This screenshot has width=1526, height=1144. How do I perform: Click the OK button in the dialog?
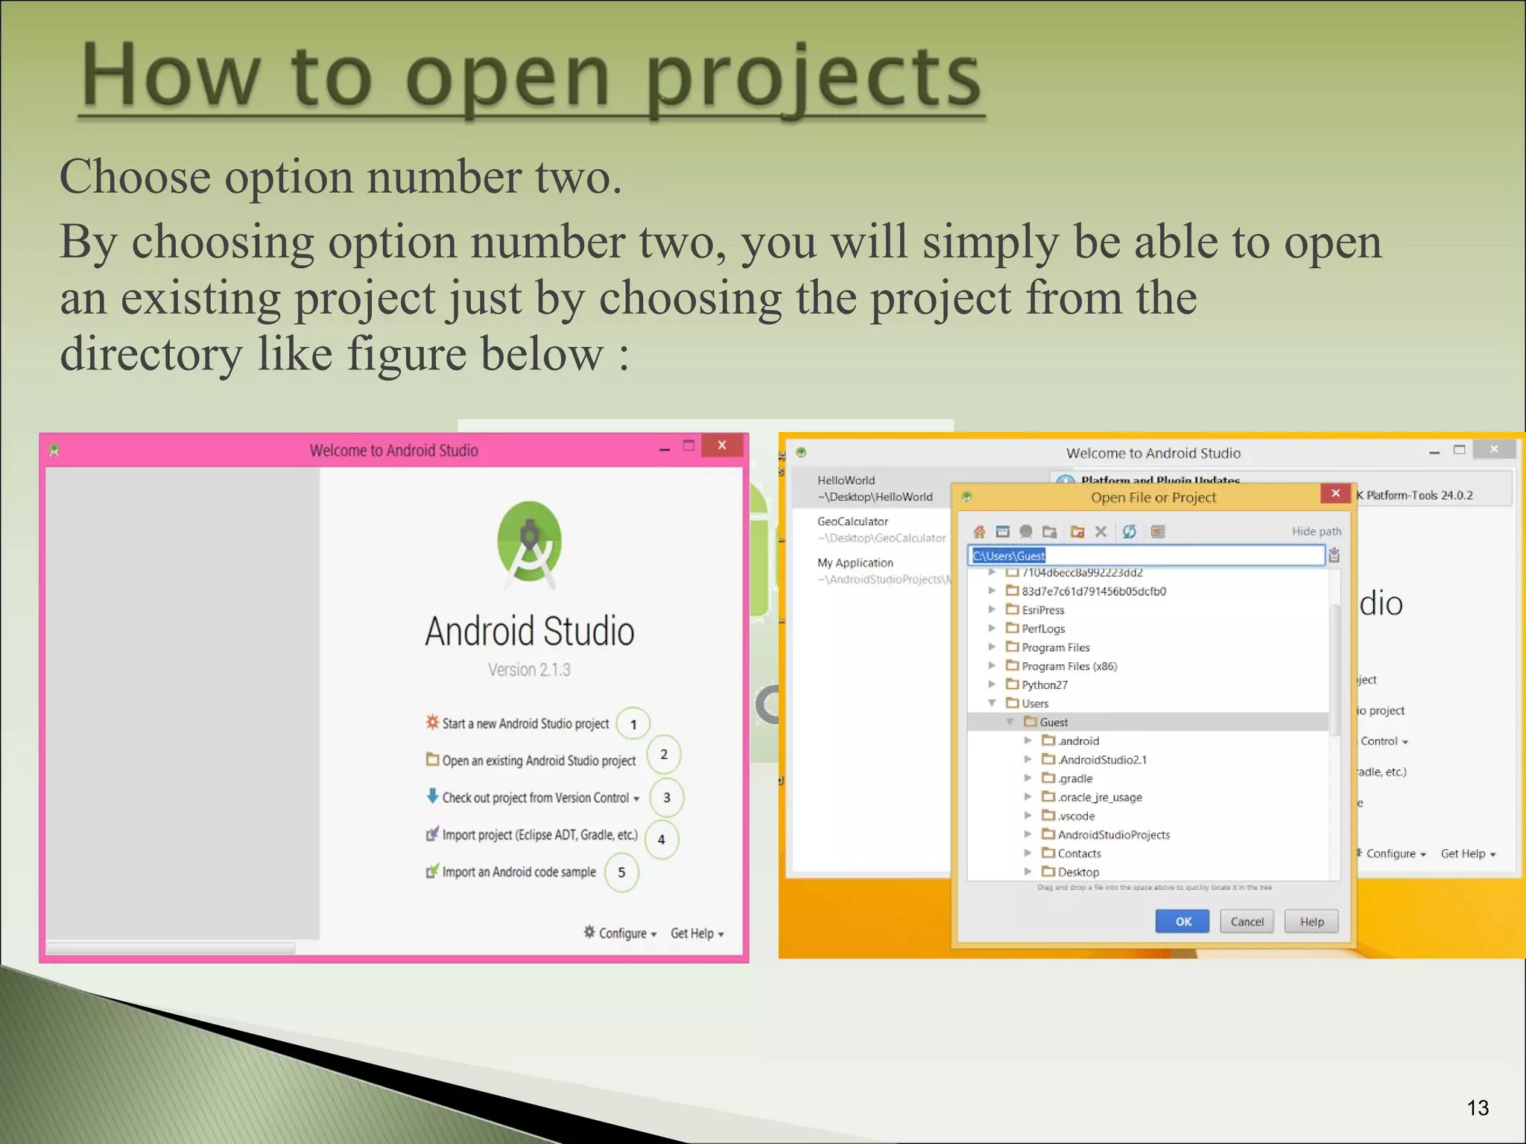pyautogui.click(x=1183, y=921)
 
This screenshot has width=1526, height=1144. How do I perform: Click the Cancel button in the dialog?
pyautogui.click(x=1247, y=921)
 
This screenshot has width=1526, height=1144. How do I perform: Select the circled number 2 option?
pyautogui.click(x=663, y=754)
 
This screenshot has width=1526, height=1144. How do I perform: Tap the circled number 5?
pyautogui.click(x=621, y=872)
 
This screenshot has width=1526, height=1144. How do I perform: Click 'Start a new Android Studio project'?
pyautogui.click(x=525, y=723)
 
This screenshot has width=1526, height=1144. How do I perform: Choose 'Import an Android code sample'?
pyautogui.click(x=519, y=872)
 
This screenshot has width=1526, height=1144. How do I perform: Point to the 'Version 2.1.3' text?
pyautogui.click(x=529, y=670)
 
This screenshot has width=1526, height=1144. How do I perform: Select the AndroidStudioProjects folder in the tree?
pyautogui.click(x=1113, y=835)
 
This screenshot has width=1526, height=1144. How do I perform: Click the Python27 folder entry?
pyautogui.click(x=1044, y=684)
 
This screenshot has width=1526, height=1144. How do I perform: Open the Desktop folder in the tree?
pyautogui.click(x=1077, y=872)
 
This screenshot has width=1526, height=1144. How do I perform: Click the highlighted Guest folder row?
pyautogui.click(x=1054, y=722)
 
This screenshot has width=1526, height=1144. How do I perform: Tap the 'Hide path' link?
pyautogui.click(x=1316, y=531)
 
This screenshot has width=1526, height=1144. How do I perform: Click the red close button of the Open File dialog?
pyautogui.click(x=1335, y=493)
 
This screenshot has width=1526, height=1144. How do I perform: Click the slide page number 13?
pyautogui.click(x=1478, y=1108)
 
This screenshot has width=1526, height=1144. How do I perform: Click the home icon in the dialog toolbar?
pyautogui.click(x=979, y=532)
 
